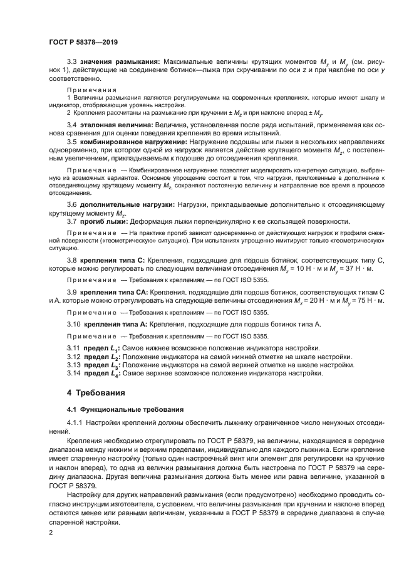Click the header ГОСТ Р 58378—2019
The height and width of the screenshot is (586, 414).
(x=83, y=43)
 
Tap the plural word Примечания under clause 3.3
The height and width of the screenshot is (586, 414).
(x=87, y=90)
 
